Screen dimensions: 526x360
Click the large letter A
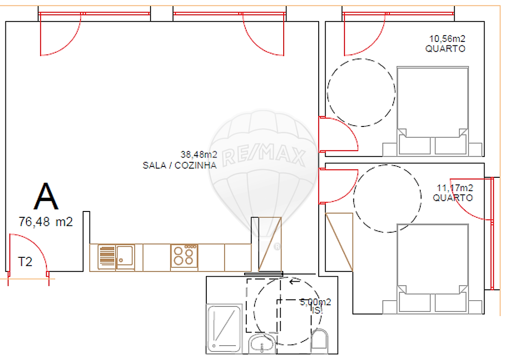pos(46,197)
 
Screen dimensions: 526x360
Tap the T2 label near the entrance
pos(25,261)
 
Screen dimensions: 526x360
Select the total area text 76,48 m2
pos(45,222)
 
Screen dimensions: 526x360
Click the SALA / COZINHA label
pos(179,165)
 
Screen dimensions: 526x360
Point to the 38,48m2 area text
pos(199,154)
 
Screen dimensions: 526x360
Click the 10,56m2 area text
pos(447,39)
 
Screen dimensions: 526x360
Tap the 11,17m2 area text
pos(455,188)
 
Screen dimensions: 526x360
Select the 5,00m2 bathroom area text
pos(315,302)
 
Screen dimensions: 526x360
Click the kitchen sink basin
pos(125,256)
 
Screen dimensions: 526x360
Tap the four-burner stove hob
pos(184,256)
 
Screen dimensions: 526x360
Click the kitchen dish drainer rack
pos(107,257)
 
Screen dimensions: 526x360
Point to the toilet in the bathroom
pos(320,340)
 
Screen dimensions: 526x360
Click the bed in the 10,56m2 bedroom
pos(433,111)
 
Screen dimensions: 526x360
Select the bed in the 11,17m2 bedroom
pos(433,269)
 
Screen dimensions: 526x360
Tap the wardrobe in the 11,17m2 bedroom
pos(339,242)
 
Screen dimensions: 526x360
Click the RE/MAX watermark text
pos(263,156)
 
